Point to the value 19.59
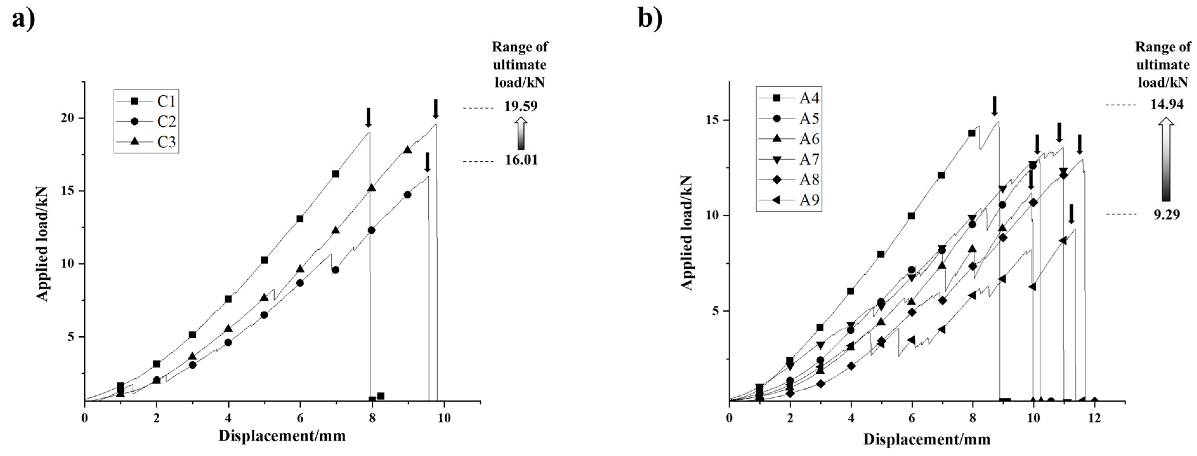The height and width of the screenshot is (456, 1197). click(x=521, y=106)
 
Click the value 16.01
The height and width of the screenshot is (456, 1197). click(x=521, y=160)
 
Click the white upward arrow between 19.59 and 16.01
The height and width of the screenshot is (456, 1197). click(x=521, y=133)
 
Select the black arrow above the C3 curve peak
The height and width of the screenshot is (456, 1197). click(x=435, y=108)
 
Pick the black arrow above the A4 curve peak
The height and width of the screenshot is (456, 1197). click(x=994, y=106)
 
